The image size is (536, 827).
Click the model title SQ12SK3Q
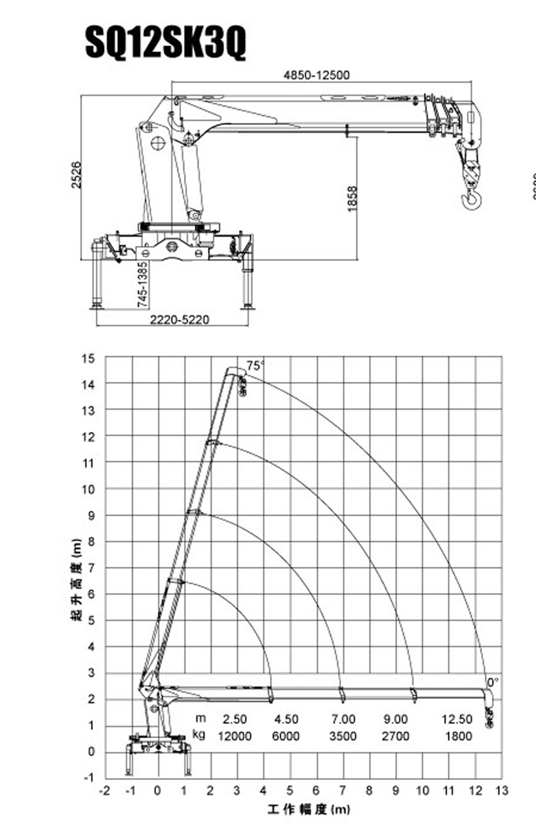click(x=166, y=43)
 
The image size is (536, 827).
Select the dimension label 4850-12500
click(x=317, y=75)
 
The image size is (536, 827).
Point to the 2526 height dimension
click(x=76, y=174)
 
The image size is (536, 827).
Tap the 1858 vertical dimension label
click(x=353, y=199)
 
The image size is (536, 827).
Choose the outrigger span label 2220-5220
click(x=179, y=320)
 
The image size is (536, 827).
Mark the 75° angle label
click(x=255, y=366)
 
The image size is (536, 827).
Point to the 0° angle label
click(x=493, y=682)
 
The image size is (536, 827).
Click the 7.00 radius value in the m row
click(x=343, y=719)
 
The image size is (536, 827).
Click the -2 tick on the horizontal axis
click(x=105, y=791)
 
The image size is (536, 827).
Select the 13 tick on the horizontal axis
click(x=502, y=791)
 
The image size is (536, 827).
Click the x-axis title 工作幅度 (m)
click(x=308, y=810)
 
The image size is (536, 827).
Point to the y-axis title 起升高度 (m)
click(x=76, y=579)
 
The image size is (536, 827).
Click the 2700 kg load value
click(x=396, y=736)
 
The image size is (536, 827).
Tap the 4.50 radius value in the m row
click(x=286, y=719)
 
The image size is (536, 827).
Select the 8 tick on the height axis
click(x=91, y=542)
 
